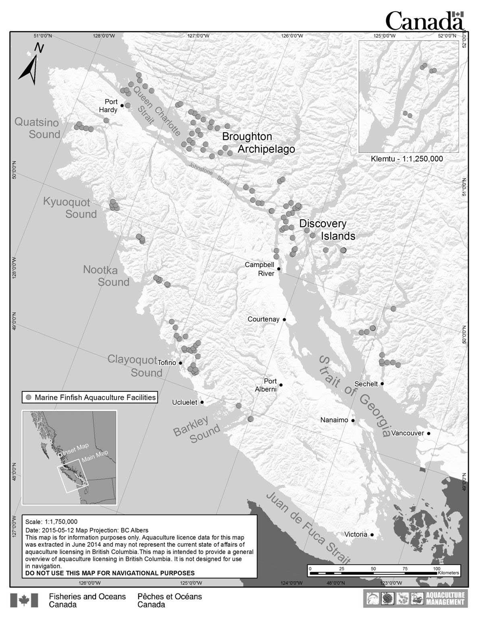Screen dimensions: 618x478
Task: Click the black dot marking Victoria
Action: tap(372, 535)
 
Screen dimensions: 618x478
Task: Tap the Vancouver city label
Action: tap(408, 433)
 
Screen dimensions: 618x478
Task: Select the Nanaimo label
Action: tap(334, 420)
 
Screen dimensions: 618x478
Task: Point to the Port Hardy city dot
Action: tap(122, 105)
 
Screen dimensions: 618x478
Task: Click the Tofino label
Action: tap(167, 363)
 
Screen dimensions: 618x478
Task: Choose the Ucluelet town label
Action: tap(184, 402)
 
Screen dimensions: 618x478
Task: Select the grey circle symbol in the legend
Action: tap(29, 398)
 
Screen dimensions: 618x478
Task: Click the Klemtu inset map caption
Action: tap(407, 159)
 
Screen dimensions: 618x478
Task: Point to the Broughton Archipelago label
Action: tap(258, 143)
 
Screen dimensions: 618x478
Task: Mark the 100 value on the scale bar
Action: tap(436, 569)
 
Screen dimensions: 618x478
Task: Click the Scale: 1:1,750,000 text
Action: tap(51, 521)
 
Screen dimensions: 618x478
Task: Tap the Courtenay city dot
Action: tap(284, 319)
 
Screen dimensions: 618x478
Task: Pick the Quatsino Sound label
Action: tap(38, 128)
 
